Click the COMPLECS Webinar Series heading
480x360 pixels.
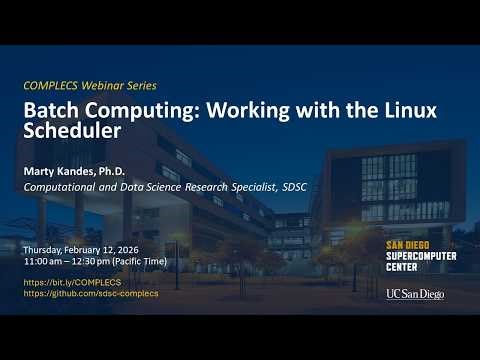(x=90, y=86)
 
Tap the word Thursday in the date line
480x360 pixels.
(x=41, y=247)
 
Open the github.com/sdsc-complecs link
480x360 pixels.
(x=90, y=293)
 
